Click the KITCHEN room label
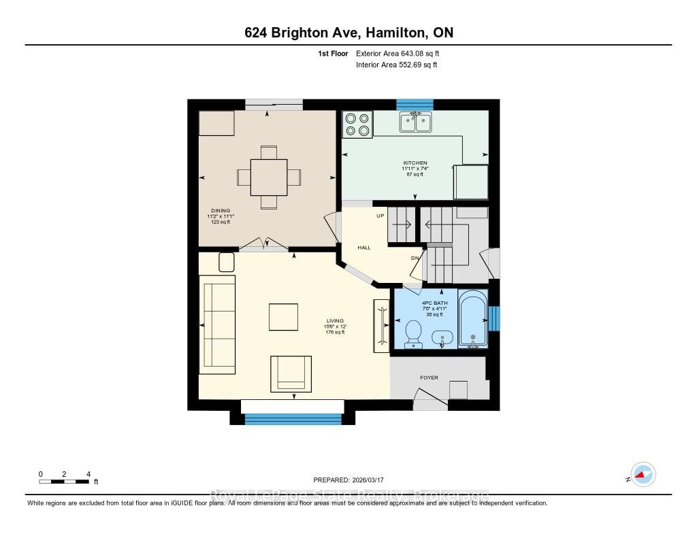pyautogui.click(x=415, y=163)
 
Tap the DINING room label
pyautogui.click(x=220, y=211)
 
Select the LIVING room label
pyautogui.click(x=335, y=321)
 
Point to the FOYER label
pyautogui.click(x=429, y=377)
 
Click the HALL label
pyautogui.click(x=364, y=248)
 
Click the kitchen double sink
pyautogui.click(x=415, y=122)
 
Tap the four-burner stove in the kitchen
pyautogui.click(x=357, y=124)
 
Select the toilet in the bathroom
pyautogui.click(x=412, y=335)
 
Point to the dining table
pyautogui.click(x=269, y=177)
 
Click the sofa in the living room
pyautogui.click(x=216, y=324)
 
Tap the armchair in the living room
pyautogui.click(x=291, y=373)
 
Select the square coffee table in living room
pyautogui.click(x=283, y=317)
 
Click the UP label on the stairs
pyautogui.click(x=381, y=216)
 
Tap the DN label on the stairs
pyautogui.click(x=415, y=258)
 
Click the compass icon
pyautogui.click(x=642, y=475)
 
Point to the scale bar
pyautogui.click(x=64, y=482)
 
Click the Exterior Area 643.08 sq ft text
pyautogui.click(x=402, y=53)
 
